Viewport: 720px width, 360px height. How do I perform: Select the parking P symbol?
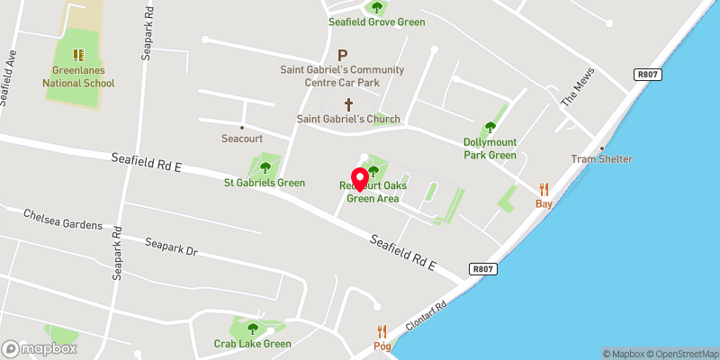pyautogui.click(x=342, y=55)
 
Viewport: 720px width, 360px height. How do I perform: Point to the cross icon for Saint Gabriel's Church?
pyautogui.click(x=348, y=104)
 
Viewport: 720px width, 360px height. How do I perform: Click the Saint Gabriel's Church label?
pyautogui.click(x=348, y=119)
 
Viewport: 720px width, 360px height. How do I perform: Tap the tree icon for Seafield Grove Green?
pyautogui.click(x=377, y=8)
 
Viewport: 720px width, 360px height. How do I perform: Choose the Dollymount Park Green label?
pyautogui.click(x=490, y=148)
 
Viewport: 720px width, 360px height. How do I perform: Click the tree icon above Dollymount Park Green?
pyautogui.click(x=490, y=127)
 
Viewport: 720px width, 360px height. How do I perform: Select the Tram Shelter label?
pyautogui.click(x=602, y=159)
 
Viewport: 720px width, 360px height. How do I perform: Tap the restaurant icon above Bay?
pyautogui.click(x=544, y=189)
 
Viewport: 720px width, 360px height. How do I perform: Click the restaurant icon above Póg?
pyautogui.click(x=382, y=331)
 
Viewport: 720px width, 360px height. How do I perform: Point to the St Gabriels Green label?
pyautogui.click(x=265, y=183)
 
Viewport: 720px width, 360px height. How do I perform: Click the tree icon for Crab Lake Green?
pyautogui.click(x=253, y=328)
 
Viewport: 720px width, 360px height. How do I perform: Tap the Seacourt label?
pyautogui.click(x=241, y=139)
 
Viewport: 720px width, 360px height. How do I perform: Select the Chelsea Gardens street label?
pyautogui.click(x=63, y=220)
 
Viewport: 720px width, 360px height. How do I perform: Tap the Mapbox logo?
pyautogui.click(x=40, y=348)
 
